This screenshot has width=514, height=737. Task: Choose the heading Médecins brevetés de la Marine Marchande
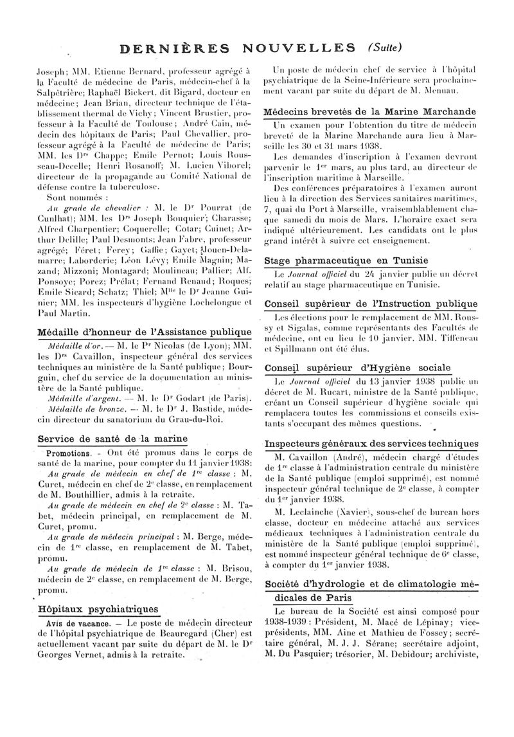tap(371, 111)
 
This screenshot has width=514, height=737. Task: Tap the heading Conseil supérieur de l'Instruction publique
tap(371, 304)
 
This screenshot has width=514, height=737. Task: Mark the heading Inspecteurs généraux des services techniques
tap(371, 444)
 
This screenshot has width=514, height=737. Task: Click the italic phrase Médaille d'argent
tap(72, 397)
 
